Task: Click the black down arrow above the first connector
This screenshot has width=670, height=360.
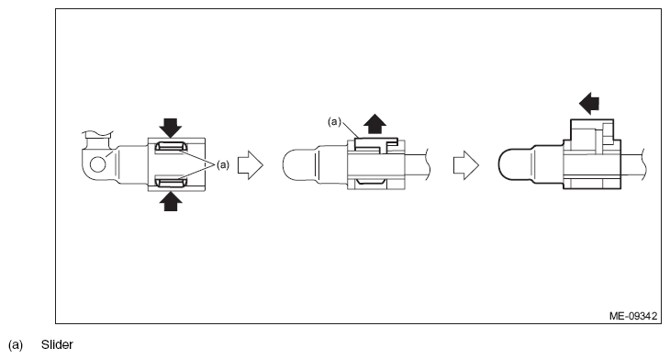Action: (x=171, y=128)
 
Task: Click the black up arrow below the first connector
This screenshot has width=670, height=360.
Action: (x=171, y=201)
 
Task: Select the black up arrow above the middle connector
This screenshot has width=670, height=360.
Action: (x=374, y=124)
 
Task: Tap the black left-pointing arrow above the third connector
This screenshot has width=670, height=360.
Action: (x=589, y=103)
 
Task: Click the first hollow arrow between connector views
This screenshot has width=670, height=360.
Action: (x=251, y=165)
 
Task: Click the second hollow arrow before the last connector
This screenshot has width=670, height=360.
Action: (x=466, y=165)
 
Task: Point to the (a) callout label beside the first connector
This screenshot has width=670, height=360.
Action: (x=223, y=164)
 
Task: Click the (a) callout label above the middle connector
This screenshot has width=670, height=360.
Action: (x=334, y=122)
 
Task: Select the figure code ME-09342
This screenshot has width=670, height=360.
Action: (x=632, y=316)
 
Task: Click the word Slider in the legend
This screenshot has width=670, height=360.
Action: (x=57, y=344)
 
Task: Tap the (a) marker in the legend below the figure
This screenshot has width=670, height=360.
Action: (x=16, y=344)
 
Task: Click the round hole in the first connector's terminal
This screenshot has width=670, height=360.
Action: (x=98, y=163)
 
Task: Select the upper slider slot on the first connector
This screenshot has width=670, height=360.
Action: (x=171, y=147)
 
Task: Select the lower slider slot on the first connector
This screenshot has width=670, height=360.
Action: (x=171, y=183)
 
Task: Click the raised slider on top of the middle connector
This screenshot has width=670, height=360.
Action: (x=376, y=144)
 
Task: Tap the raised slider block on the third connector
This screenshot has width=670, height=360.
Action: (x=592, y=135)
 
